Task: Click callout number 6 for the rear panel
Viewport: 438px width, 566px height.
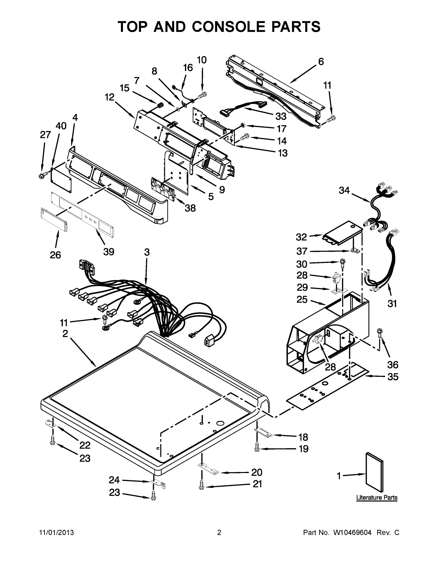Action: click(x=321, y=62)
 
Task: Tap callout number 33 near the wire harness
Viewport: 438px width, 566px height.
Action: click(x=281, y=116)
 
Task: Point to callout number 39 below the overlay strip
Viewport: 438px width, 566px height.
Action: click(x=109, y=251)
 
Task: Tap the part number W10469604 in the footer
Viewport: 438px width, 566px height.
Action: click(x=352, y=533)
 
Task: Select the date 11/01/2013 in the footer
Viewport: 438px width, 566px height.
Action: click(x=57, y=533)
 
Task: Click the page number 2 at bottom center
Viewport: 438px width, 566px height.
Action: click(x=219, y=533)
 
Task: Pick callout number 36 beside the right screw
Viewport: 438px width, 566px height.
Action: click(x=393, y=365)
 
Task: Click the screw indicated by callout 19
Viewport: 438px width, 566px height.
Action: click(x=257, y=447)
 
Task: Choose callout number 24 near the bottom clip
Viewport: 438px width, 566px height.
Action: click(x=114, y=480)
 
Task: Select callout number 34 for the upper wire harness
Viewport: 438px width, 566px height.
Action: click(x=344, y=191)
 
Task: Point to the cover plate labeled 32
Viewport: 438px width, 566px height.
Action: click(x=341, y=233)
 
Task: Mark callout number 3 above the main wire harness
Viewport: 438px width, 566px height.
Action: click(x=147, y=252)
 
